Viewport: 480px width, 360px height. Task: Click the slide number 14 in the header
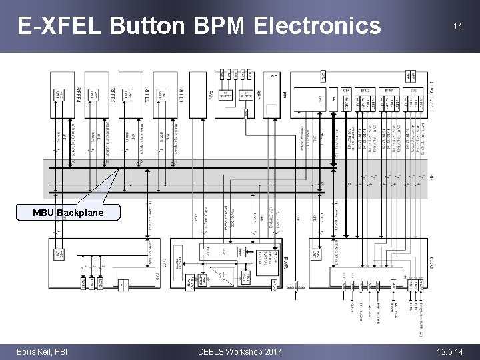pos(457,26)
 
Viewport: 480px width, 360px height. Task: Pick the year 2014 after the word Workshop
pos(271,351)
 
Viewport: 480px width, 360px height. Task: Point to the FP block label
pos(284,95)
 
